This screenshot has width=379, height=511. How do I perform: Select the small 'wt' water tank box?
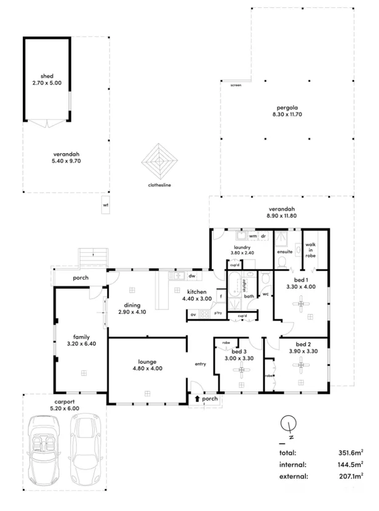pos(105,205)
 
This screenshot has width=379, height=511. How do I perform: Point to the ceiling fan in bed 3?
pos(242,370)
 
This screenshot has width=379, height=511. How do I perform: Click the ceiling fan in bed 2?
pos(301,368)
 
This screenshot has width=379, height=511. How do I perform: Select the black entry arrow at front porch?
pos(197,399)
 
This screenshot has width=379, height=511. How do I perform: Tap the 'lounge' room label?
pos(146,362)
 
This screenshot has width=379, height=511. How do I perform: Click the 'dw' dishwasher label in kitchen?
pos(192,277)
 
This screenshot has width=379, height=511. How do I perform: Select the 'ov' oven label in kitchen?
pos(193,315)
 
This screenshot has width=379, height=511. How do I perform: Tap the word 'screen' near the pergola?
pos(236,85)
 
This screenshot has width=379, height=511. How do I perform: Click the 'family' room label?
pos(82,337)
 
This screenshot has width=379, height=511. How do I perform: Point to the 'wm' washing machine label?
pos(253,236)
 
